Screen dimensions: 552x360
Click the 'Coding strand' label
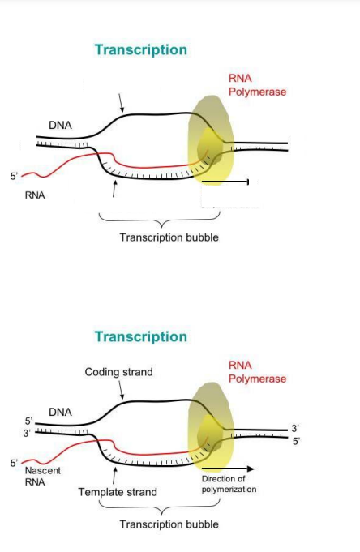click(x=118, y=372)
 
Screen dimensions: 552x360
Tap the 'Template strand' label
click(x=118, y=492)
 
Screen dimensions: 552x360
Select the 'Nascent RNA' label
click(x=42, y=476)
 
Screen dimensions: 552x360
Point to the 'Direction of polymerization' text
click(x=229, y=484)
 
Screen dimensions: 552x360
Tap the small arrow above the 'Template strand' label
click(x=114, y=474)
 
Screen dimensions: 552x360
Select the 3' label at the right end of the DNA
click(x=295, y=428)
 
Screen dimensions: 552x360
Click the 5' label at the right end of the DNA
click(x=296, y=441)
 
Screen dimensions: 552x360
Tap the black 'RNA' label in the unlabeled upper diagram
click(x=35, y=195)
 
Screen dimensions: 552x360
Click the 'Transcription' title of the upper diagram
click(x=140, y=50)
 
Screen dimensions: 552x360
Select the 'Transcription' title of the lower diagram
click(x=140, y=336)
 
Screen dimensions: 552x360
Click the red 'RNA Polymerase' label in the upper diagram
click(x=257, y=85)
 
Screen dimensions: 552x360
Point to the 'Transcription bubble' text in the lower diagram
click(x=169, y=524)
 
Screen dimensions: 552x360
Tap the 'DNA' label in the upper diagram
click(x=60, y=126)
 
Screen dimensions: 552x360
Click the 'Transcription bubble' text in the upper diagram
click(x=169, y=237)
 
